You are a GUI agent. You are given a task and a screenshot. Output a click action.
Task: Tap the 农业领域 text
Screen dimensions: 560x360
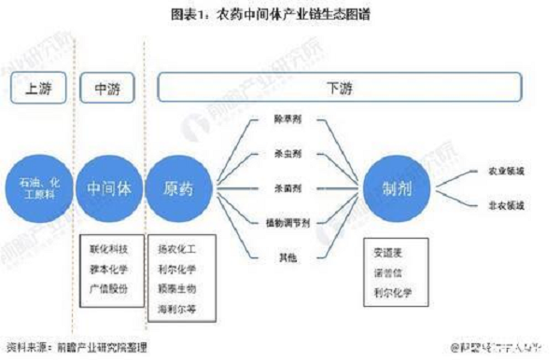click(508, 172)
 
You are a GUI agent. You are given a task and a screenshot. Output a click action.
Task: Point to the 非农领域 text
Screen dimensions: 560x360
click(508, 204)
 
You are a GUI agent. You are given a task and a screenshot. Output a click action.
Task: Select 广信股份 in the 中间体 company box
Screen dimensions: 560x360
click(108, 286)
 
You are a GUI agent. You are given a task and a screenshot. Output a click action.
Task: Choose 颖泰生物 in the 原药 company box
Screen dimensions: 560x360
click(179, 287)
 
